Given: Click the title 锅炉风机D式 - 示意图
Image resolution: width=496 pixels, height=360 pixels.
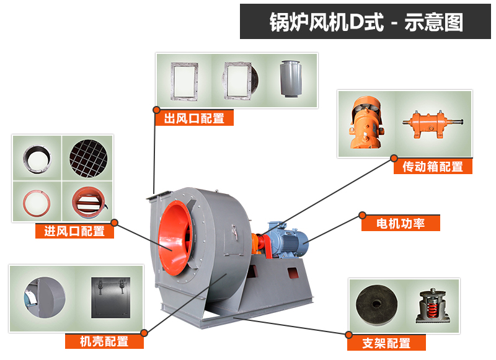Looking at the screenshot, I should point(366,22).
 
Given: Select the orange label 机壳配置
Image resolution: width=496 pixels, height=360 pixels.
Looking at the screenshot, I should point(104,341).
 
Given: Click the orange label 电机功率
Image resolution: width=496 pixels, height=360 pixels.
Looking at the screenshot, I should point(401,223).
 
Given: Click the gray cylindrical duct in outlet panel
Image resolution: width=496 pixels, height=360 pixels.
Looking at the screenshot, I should point(290,79).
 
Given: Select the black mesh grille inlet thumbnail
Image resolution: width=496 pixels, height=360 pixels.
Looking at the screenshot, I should point(88,157).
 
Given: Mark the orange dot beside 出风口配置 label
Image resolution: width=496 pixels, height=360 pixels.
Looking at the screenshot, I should point(156,110).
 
